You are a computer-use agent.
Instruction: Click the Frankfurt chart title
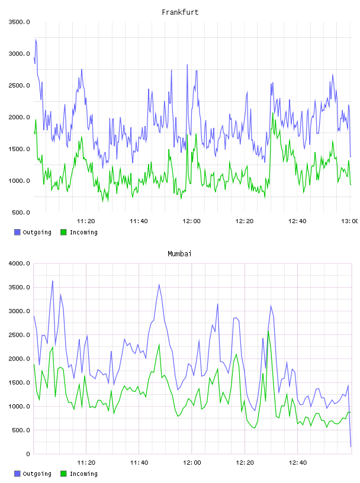[180, 12]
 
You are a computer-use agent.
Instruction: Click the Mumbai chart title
[179, 254]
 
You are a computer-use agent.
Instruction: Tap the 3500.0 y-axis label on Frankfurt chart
[20, 22]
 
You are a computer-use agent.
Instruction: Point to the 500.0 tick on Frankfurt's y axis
[21, 212]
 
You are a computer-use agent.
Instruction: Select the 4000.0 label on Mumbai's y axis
[20, 263]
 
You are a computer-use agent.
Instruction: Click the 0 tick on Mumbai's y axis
[28, 454]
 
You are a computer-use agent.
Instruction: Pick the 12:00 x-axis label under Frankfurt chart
[191, 221]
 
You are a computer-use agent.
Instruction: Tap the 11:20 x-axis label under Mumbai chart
[86, 462]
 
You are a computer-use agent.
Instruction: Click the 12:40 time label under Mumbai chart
[297, 462]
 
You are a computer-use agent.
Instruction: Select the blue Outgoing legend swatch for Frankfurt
[17, 232]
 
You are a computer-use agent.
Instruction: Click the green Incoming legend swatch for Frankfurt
[63, 232]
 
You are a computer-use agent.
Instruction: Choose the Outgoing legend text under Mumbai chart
[37, 474]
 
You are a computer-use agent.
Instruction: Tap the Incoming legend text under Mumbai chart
[83, 474]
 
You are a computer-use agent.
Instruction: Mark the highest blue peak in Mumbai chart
[53, 281]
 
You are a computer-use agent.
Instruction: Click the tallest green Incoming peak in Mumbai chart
[268, 331]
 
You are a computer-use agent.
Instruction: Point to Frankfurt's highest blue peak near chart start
[36, 40]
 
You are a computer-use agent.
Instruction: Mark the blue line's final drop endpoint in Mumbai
[351, 446]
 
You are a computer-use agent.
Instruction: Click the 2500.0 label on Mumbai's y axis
[20, 335]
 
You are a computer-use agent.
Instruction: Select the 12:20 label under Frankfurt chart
[245, 221]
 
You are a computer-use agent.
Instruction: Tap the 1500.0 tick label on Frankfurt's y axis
[20, 149]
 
